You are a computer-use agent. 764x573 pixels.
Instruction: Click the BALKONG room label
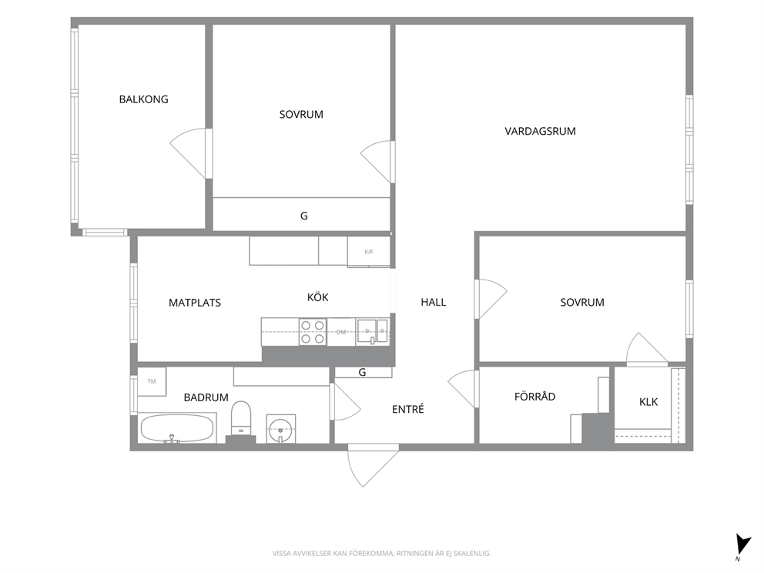[x=144, y=99]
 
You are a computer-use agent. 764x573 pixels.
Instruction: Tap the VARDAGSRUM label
[x=540, y=131]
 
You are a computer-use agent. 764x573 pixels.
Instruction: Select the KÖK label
[x=317, y=297]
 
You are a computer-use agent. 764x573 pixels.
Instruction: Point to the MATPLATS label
[x=194, y=303]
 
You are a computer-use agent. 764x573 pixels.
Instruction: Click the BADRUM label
[x=206, y=397]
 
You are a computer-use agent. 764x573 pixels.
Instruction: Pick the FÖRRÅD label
[x=535, y=397]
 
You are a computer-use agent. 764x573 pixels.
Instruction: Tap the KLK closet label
[x=648, y=402]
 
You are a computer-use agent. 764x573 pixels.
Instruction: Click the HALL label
[x=433, y=302]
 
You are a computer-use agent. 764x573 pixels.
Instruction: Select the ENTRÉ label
[x=408, y=409]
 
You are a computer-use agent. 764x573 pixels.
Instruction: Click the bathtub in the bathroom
[x=177, y=428]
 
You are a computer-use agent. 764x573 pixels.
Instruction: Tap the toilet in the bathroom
[x=241, y=418]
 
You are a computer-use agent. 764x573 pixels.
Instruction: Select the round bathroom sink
[x=281, y=429]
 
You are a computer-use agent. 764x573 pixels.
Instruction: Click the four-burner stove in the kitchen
[x=313, y=332]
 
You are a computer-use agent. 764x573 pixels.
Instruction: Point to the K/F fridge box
[x=369, y=252]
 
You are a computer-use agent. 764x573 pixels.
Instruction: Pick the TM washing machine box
[x=152, y=381]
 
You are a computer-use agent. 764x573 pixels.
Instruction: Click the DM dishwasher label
[x=341, y=332]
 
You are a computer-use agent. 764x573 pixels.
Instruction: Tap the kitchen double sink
[x=373, y=331]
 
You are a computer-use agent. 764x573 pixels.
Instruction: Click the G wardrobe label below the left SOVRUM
[x=304, y=216]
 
